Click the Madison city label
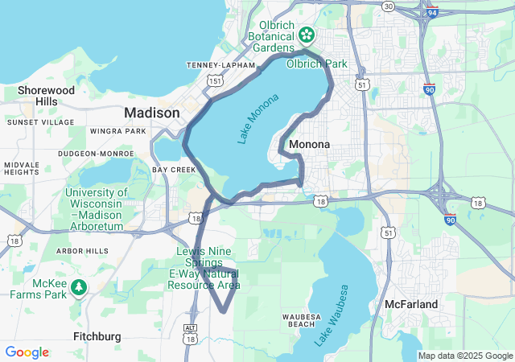coord(151,113)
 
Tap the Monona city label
coord(309,145)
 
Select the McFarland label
coord(411,304)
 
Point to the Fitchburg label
coord(97,335)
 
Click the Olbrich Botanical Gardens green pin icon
coord(307,35)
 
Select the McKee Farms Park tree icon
coord(79,287)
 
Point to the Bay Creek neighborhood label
coord(174,170)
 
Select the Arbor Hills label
coord(82,251)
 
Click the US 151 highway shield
coord(214,80)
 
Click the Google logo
coord(27,352)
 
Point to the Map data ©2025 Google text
coord(464,356)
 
